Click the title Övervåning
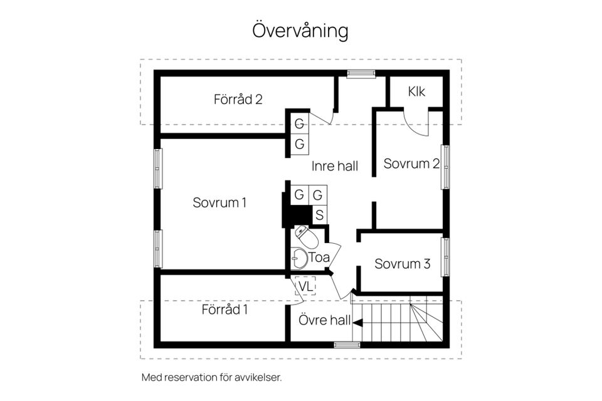[300, 30]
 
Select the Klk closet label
[416, 91]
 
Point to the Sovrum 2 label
[411, 164]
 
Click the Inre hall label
[335, 166]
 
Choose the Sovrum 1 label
[219, 202]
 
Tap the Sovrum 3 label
[402, 264]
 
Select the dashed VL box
[305, 286]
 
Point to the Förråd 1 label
[224, 310]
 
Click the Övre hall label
[324, 320]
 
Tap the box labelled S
[319, 215]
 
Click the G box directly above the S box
[318, 195]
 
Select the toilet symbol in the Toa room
[302, 236]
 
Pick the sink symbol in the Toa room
[298, 258]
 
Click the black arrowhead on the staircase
[357, 322]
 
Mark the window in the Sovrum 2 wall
[445, 167]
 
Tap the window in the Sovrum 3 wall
[445, 257]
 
